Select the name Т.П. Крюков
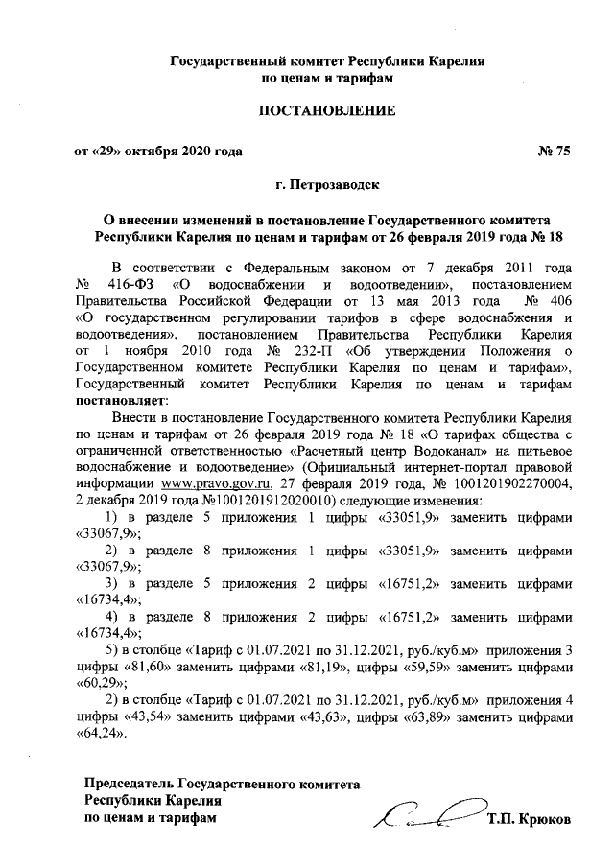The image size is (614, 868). click(x=530, y=820)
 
